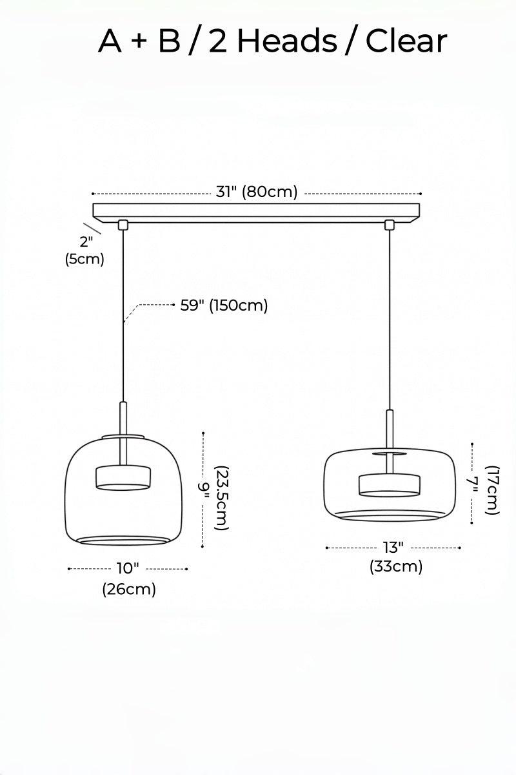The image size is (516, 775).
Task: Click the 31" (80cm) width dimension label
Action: coord(257,192)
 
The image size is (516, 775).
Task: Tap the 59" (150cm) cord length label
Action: coord(224,305)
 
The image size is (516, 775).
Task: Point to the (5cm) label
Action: coord(84,259)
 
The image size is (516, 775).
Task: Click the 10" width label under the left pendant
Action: coord(128,568)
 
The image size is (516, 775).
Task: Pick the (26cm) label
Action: coord(129,589)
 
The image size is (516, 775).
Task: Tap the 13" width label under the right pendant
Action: coord(393,548)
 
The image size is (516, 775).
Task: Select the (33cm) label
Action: coord(396,567)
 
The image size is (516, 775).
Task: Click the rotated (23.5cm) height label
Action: coord(221,498)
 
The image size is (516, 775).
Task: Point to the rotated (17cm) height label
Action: coord(493,490)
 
